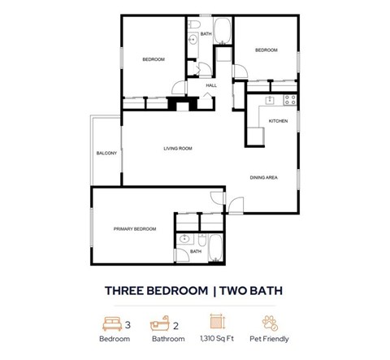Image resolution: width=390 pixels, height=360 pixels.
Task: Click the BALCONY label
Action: point(106,154)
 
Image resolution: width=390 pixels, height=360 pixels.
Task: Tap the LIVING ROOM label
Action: point(177,148)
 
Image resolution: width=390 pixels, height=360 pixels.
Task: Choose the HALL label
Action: point(211,85)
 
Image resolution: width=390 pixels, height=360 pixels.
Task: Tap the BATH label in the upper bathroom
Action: point(206,33)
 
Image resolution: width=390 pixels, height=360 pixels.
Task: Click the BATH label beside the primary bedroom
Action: point(196,251)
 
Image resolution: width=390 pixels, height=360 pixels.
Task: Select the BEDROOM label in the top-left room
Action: point(154,59)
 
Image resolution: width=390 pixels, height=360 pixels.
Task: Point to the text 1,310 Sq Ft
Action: point(216,339)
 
